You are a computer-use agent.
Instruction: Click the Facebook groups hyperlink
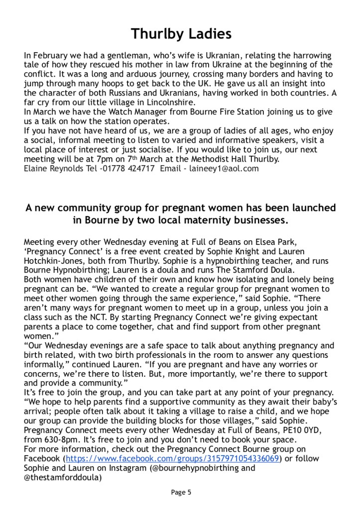pos(172,458)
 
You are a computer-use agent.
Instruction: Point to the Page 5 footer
pos(181,493)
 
